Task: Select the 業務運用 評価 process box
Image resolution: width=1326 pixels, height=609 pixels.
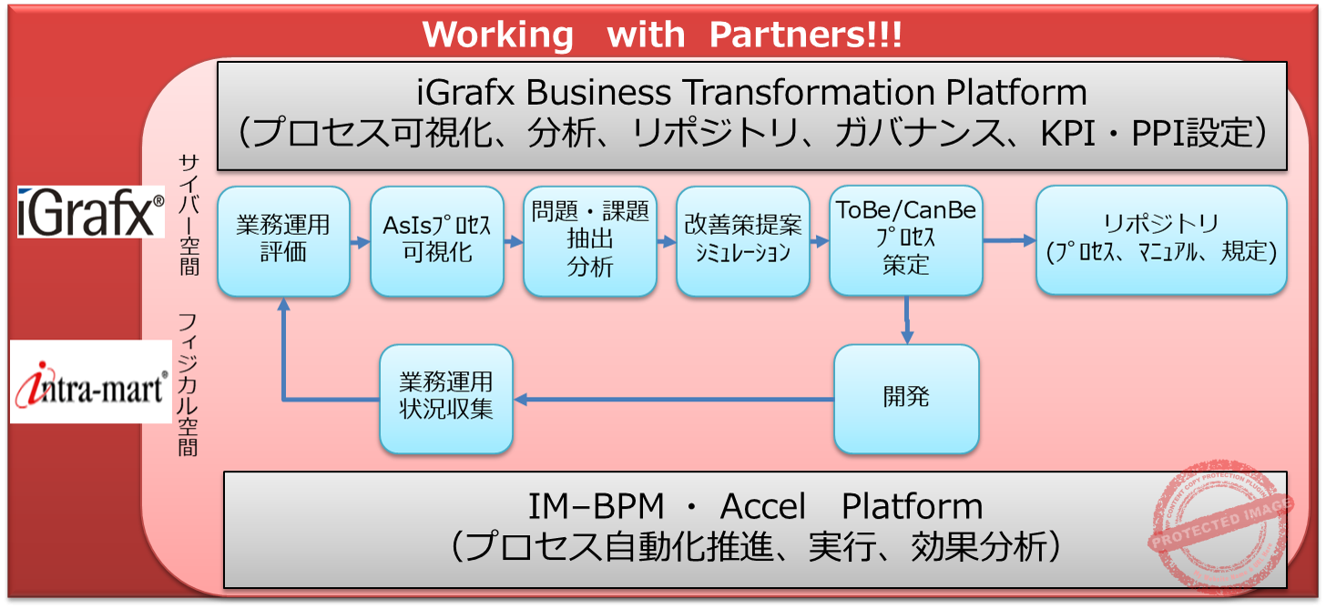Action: click(283, 241)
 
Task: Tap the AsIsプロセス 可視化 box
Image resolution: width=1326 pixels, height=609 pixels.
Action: click(437, 241)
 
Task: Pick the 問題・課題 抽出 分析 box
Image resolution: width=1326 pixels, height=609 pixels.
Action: click(590, 241)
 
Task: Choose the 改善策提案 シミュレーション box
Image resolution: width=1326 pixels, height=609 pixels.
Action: click(743, 241)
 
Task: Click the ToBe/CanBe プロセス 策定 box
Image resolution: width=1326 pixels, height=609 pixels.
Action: click(905, 241)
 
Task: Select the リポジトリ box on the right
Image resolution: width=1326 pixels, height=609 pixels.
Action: click(1161, 241)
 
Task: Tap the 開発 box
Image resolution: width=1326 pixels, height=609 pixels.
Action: click(906, 399)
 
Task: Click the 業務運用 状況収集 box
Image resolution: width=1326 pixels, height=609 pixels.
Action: click(446, 399)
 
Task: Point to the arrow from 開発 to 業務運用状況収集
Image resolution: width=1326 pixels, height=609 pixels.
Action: click(674, 399)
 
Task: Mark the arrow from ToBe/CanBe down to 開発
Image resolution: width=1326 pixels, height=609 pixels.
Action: click(907, 320)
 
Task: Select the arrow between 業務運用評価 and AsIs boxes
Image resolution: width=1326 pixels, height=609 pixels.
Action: click(360, 242)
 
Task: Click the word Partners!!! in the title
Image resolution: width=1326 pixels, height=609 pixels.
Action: click(805, 35)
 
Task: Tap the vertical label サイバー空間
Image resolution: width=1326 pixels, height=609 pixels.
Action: click(189, 215)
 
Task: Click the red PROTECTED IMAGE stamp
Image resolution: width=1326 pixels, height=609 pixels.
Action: click(1220, 528)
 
